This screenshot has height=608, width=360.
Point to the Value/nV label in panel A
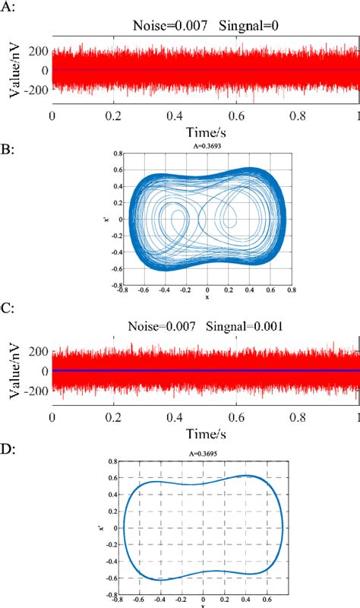[14, 70]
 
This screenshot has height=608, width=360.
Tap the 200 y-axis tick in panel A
[39, 51]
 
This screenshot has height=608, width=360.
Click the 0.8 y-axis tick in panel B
[118, 153]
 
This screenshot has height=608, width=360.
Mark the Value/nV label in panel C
[14, 371]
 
